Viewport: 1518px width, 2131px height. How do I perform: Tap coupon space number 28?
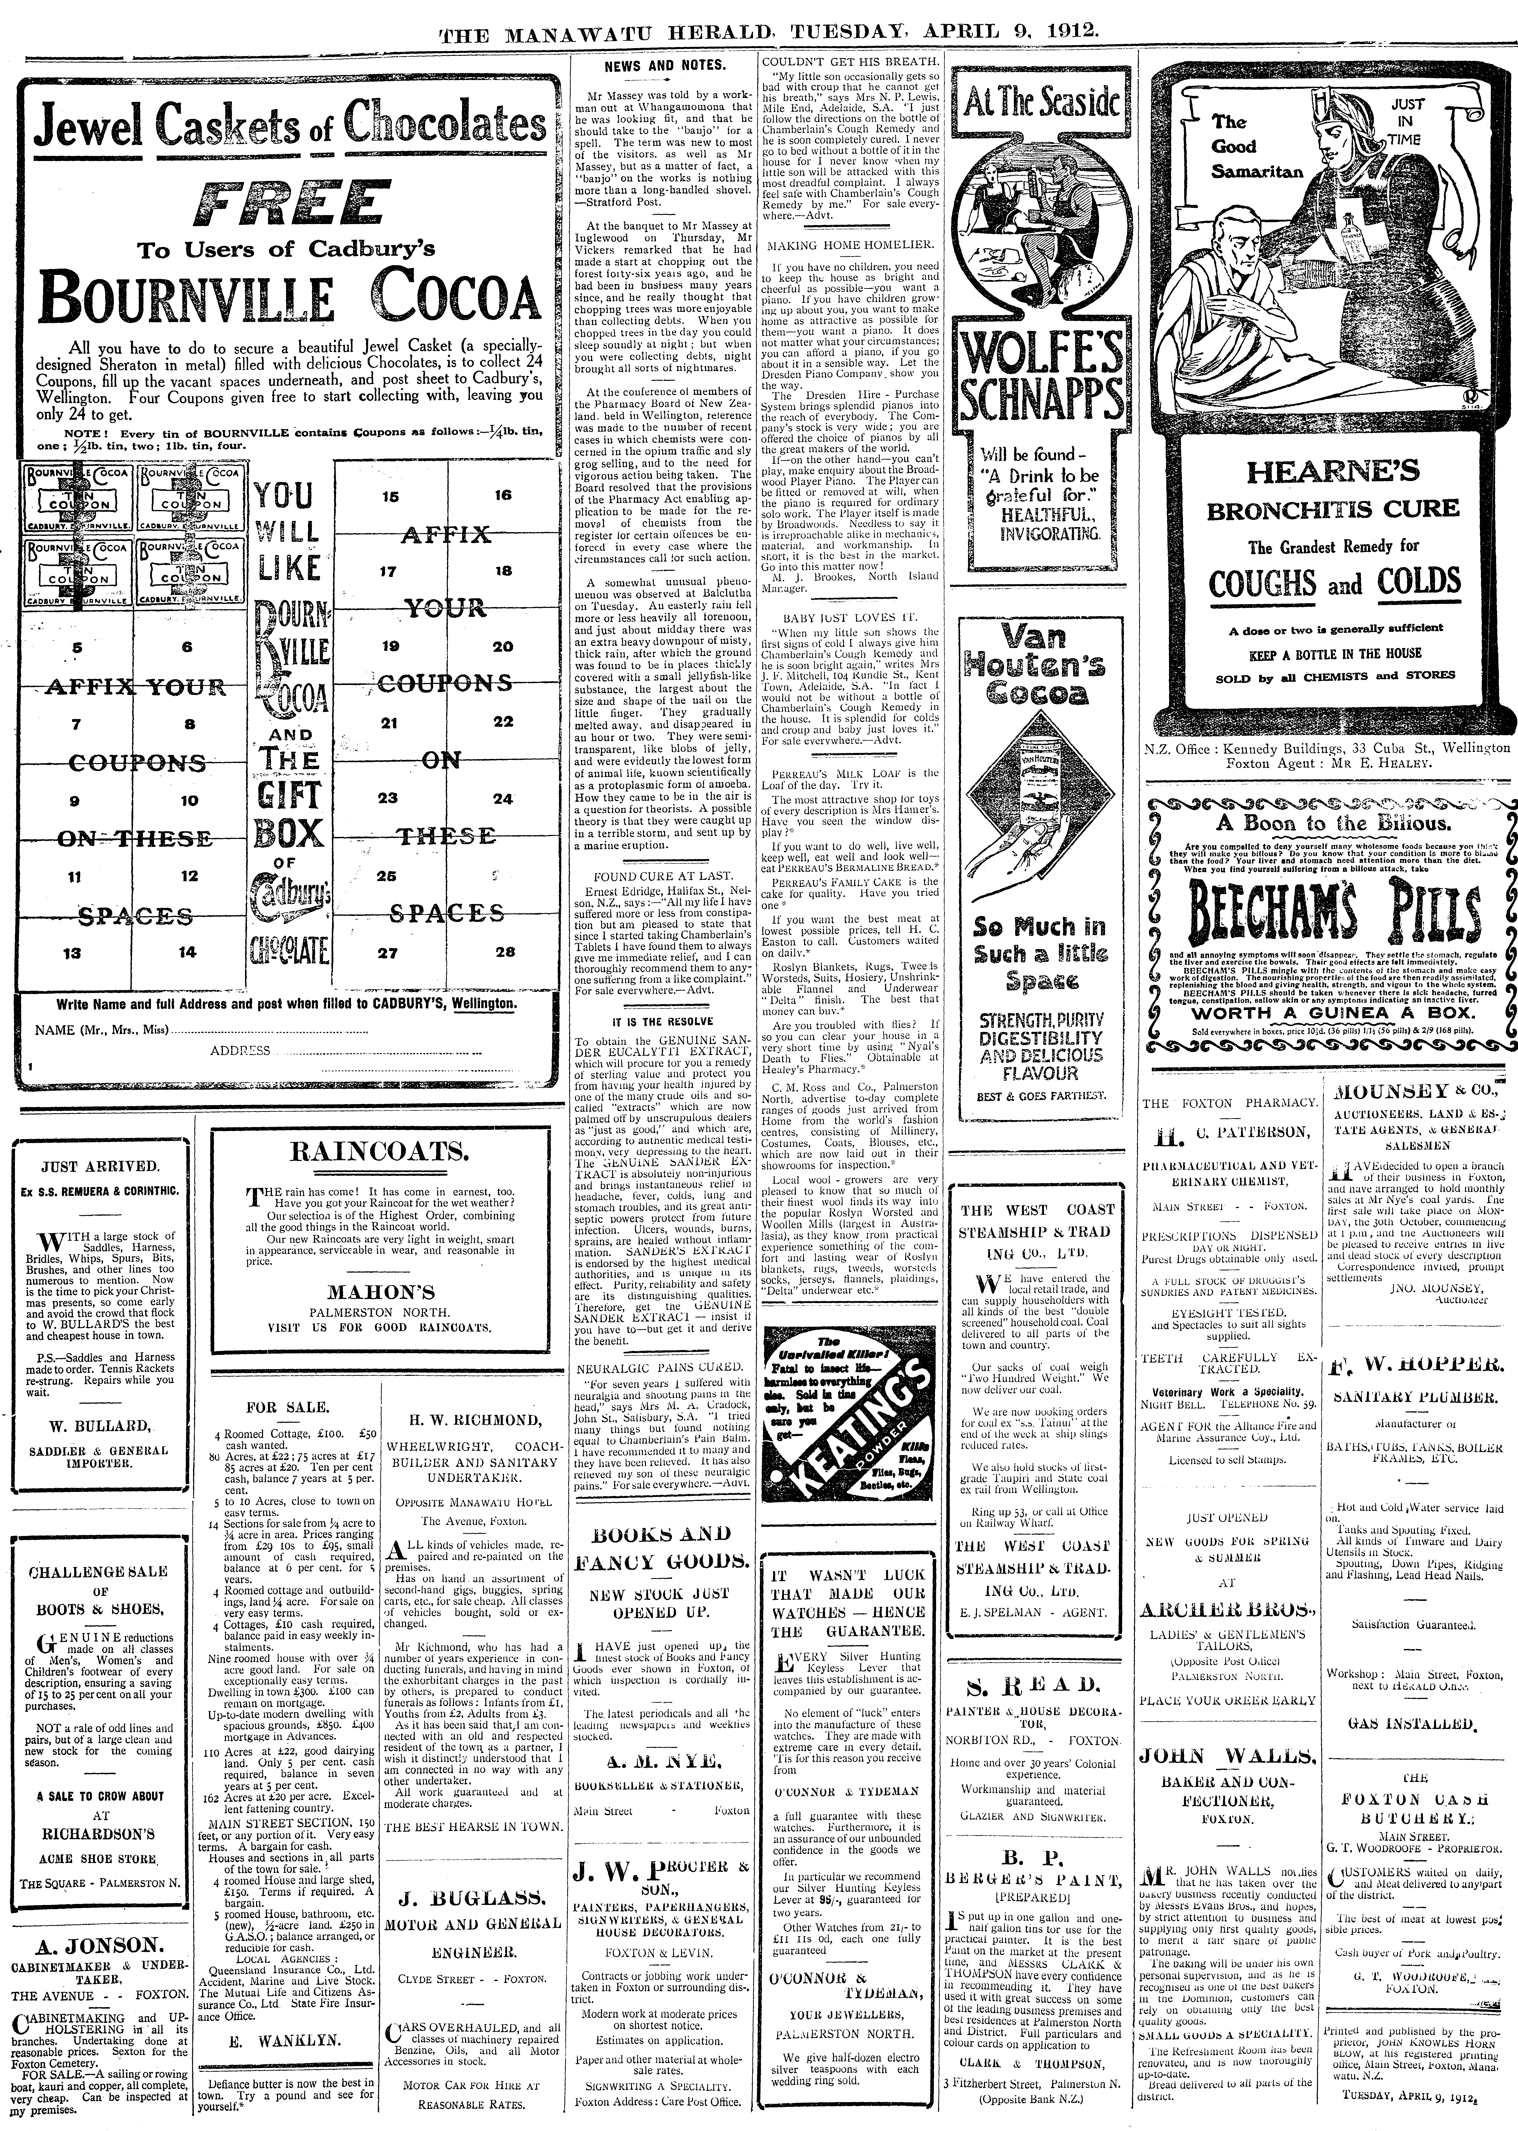pos(505,952)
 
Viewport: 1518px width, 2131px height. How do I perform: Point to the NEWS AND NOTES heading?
pos(665,66)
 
